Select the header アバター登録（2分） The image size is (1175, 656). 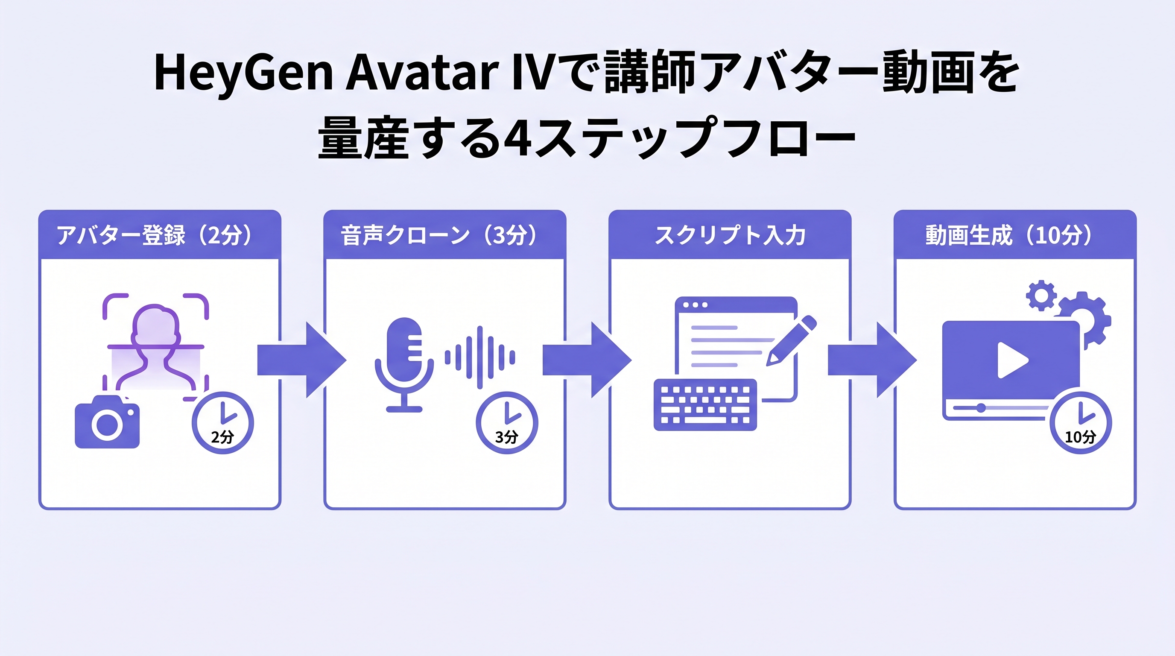click(155, 235)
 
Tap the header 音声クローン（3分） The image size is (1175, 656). click(440, 235)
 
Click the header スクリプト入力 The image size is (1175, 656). click(730, 235)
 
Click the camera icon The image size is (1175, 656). click(107, 423)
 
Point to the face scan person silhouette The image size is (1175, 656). click(155, 347)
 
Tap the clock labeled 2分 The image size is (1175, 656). click(222, 422)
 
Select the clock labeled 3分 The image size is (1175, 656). click(507, 422)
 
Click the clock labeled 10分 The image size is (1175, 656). click(1080, 422)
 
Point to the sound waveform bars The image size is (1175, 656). click(480, 357)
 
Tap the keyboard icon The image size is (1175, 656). click(705, 404)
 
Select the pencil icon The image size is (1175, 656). click(790, 340)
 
